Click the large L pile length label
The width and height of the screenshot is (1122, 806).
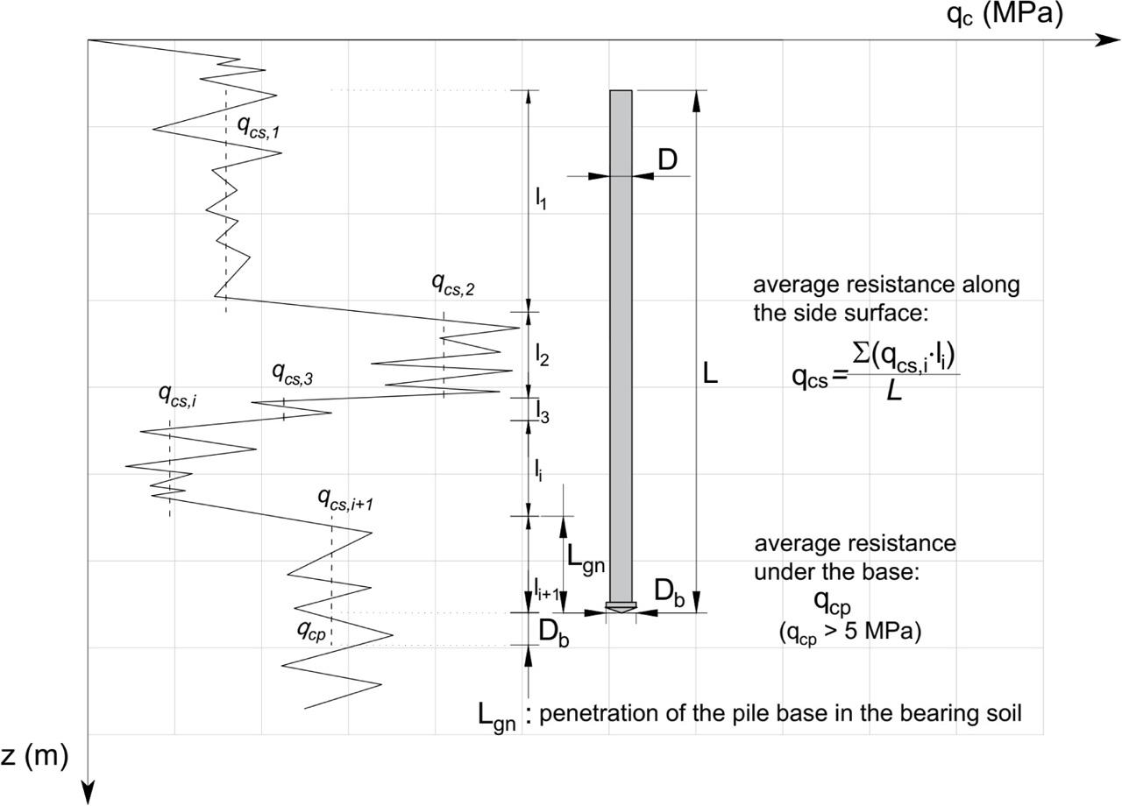[x=710, y=375]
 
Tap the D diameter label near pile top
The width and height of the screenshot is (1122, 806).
[x=668, y=159]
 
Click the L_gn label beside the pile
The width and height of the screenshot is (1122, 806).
[x=585, y=557]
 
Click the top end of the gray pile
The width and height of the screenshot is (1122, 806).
[x=621, y=91]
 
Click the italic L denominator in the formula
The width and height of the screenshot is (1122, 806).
[x=894, y=392]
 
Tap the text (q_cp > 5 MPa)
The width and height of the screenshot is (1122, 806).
[x=849, y=633]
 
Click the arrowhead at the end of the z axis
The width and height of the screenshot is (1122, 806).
[x=88, y=793]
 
